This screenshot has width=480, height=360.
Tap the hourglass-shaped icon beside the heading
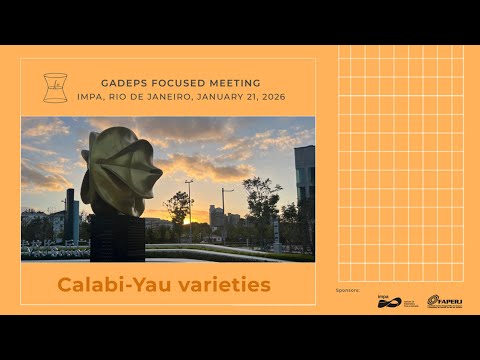[55, 88]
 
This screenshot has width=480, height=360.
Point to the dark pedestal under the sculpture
[118, 236]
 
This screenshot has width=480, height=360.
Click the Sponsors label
[347, 289]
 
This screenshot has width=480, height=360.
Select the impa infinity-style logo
[389, 301]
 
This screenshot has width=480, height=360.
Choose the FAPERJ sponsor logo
[444, 301]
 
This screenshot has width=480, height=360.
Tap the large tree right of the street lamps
[262, 205]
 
